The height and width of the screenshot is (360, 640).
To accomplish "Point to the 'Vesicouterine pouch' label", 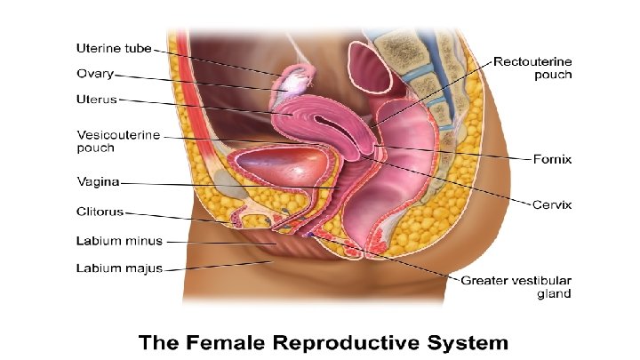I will tap(119, 140).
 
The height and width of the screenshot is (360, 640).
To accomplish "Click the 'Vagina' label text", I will tap(98, 183).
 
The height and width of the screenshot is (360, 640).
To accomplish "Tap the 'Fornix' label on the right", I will tap(551, 160).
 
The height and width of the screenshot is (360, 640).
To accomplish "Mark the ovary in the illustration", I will tap(292, 85).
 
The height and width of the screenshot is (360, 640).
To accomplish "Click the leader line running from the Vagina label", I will tap(222, 185).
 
